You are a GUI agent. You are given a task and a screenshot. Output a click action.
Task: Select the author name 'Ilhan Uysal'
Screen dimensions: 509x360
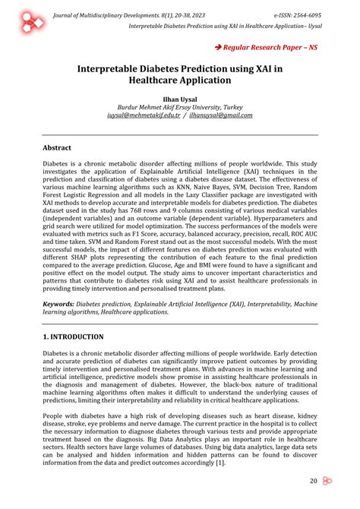click(179, 99)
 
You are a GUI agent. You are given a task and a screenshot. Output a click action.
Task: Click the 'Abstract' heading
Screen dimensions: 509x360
click(57, 147)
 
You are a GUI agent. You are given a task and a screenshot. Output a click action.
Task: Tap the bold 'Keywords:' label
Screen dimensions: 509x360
click(63, 303)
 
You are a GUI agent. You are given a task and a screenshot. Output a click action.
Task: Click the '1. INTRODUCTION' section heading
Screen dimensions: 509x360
click(73, 336)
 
